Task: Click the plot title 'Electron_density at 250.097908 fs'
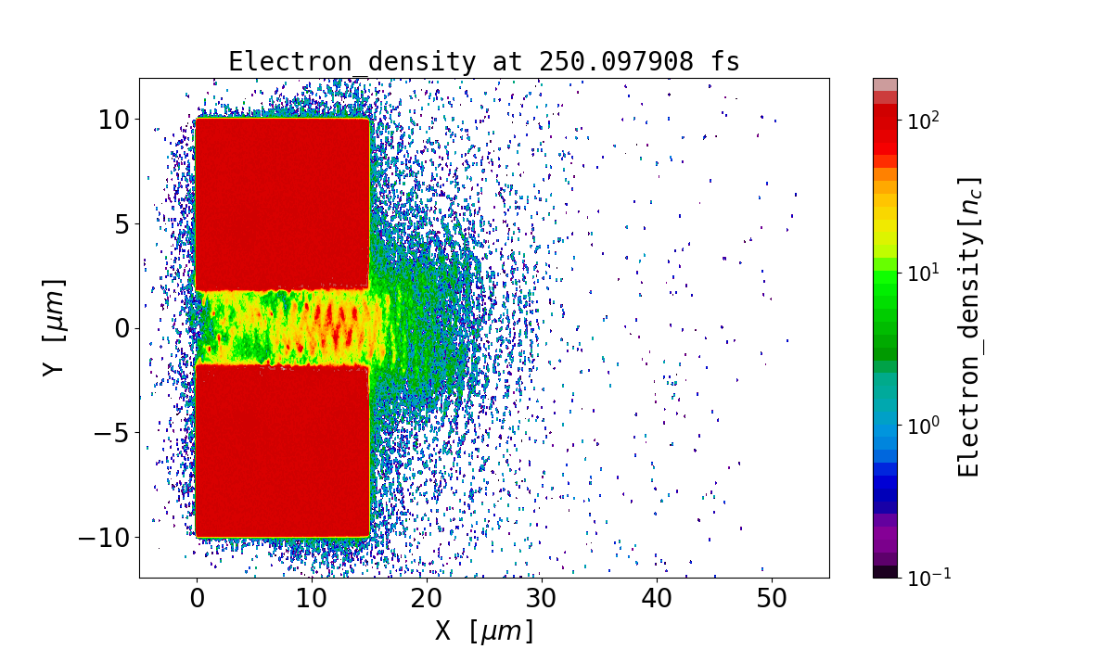pyautogui.click(x=484, y=62)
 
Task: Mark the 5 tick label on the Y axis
pyautogui.click(x=121, y=224)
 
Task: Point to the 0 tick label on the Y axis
pyautogui.click(x=121, y=328)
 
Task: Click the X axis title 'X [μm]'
pyautogui.click(x=484, y=631)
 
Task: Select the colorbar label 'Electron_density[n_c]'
pyautogui.click(x=968, y=327)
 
